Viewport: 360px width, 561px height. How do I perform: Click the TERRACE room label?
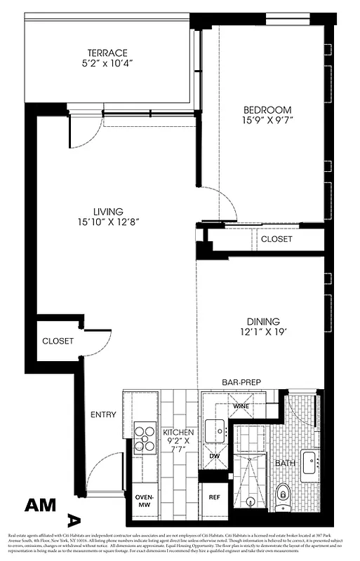tap(107, 53)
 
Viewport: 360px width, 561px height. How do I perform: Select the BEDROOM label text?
tap(267, 110)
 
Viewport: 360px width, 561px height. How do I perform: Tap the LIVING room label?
tap(109, 211)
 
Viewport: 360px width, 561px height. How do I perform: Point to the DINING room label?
tap(262, 321)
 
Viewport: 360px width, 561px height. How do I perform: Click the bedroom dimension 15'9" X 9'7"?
tap(267, 121)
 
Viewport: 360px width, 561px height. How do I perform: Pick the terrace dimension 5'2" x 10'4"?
tap(107, 64)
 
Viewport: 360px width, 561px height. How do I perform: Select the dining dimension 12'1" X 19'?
tap(262, 332)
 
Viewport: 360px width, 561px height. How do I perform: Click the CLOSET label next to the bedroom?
tap(276, 239)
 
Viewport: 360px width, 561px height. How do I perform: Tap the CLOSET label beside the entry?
tap(58, 341)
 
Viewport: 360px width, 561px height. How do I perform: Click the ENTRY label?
tap(103, 414)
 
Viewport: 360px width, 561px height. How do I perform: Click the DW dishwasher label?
tap(215, 455)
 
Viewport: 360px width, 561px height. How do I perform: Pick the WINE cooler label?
tap(240, 405)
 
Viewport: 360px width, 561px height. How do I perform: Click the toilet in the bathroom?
tap(283, 495)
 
